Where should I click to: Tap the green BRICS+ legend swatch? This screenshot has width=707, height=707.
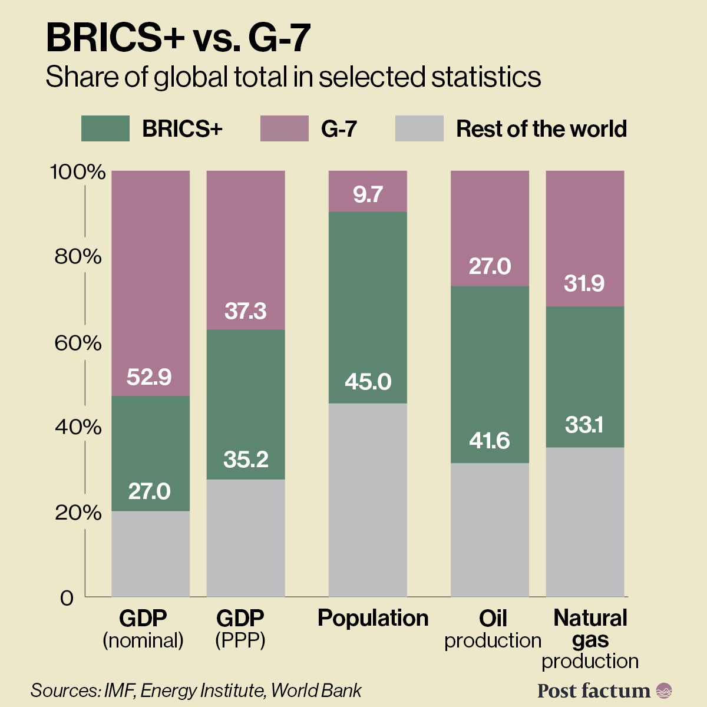click(x=105, y=128)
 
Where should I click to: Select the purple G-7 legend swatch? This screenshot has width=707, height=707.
click(x=284, y=128)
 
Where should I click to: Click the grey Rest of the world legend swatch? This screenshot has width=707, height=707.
click(x=419, y=128)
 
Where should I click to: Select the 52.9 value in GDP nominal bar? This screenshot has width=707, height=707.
click(x=149, y=377)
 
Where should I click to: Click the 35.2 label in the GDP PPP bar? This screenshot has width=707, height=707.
click(x=246, y=460)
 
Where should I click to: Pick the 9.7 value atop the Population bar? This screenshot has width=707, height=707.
click(x=368, y=194)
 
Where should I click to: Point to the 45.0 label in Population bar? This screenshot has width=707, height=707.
click(x=368, y=382)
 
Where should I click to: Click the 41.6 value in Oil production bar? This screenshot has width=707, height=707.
click(x=490, y=441)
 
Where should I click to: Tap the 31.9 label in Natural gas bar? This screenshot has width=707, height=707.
click(x=584, y=284)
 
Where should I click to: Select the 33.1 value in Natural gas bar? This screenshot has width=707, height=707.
click(x=584, y=425)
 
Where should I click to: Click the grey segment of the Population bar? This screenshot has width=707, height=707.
click(x=368, y=501)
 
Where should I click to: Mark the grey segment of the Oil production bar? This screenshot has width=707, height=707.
click(x=490, y=530)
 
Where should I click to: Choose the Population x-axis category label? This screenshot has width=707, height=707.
click(x=373, y=618)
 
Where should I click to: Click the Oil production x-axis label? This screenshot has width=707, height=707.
click(x=493, y=629)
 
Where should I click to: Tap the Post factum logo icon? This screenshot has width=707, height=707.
click(x=664, y=691)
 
